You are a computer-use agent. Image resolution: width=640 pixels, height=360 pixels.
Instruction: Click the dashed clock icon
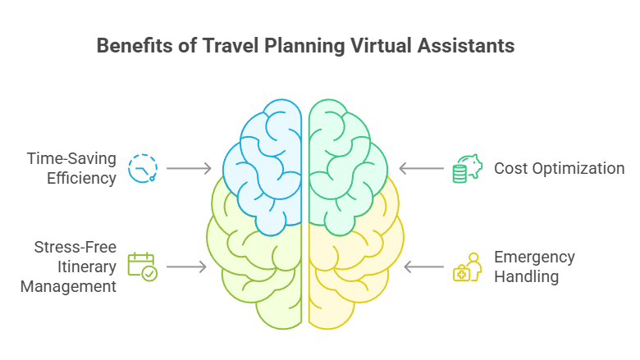[143, 167]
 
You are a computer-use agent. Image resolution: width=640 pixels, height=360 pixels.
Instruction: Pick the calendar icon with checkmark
[142, 267]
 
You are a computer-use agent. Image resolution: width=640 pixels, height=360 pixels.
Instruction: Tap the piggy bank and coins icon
[465, 168]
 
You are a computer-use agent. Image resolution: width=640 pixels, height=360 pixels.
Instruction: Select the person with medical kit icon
[467, 267]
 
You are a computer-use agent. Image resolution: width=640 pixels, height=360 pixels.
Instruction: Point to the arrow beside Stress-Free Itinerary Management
[188, 267]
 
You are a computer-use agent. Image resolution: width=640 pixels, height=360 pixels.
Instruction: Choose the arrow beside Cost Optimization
[419, 168]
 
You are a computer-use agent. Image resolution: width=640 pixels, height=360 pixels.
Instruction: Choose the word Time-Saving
[70, 158]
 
